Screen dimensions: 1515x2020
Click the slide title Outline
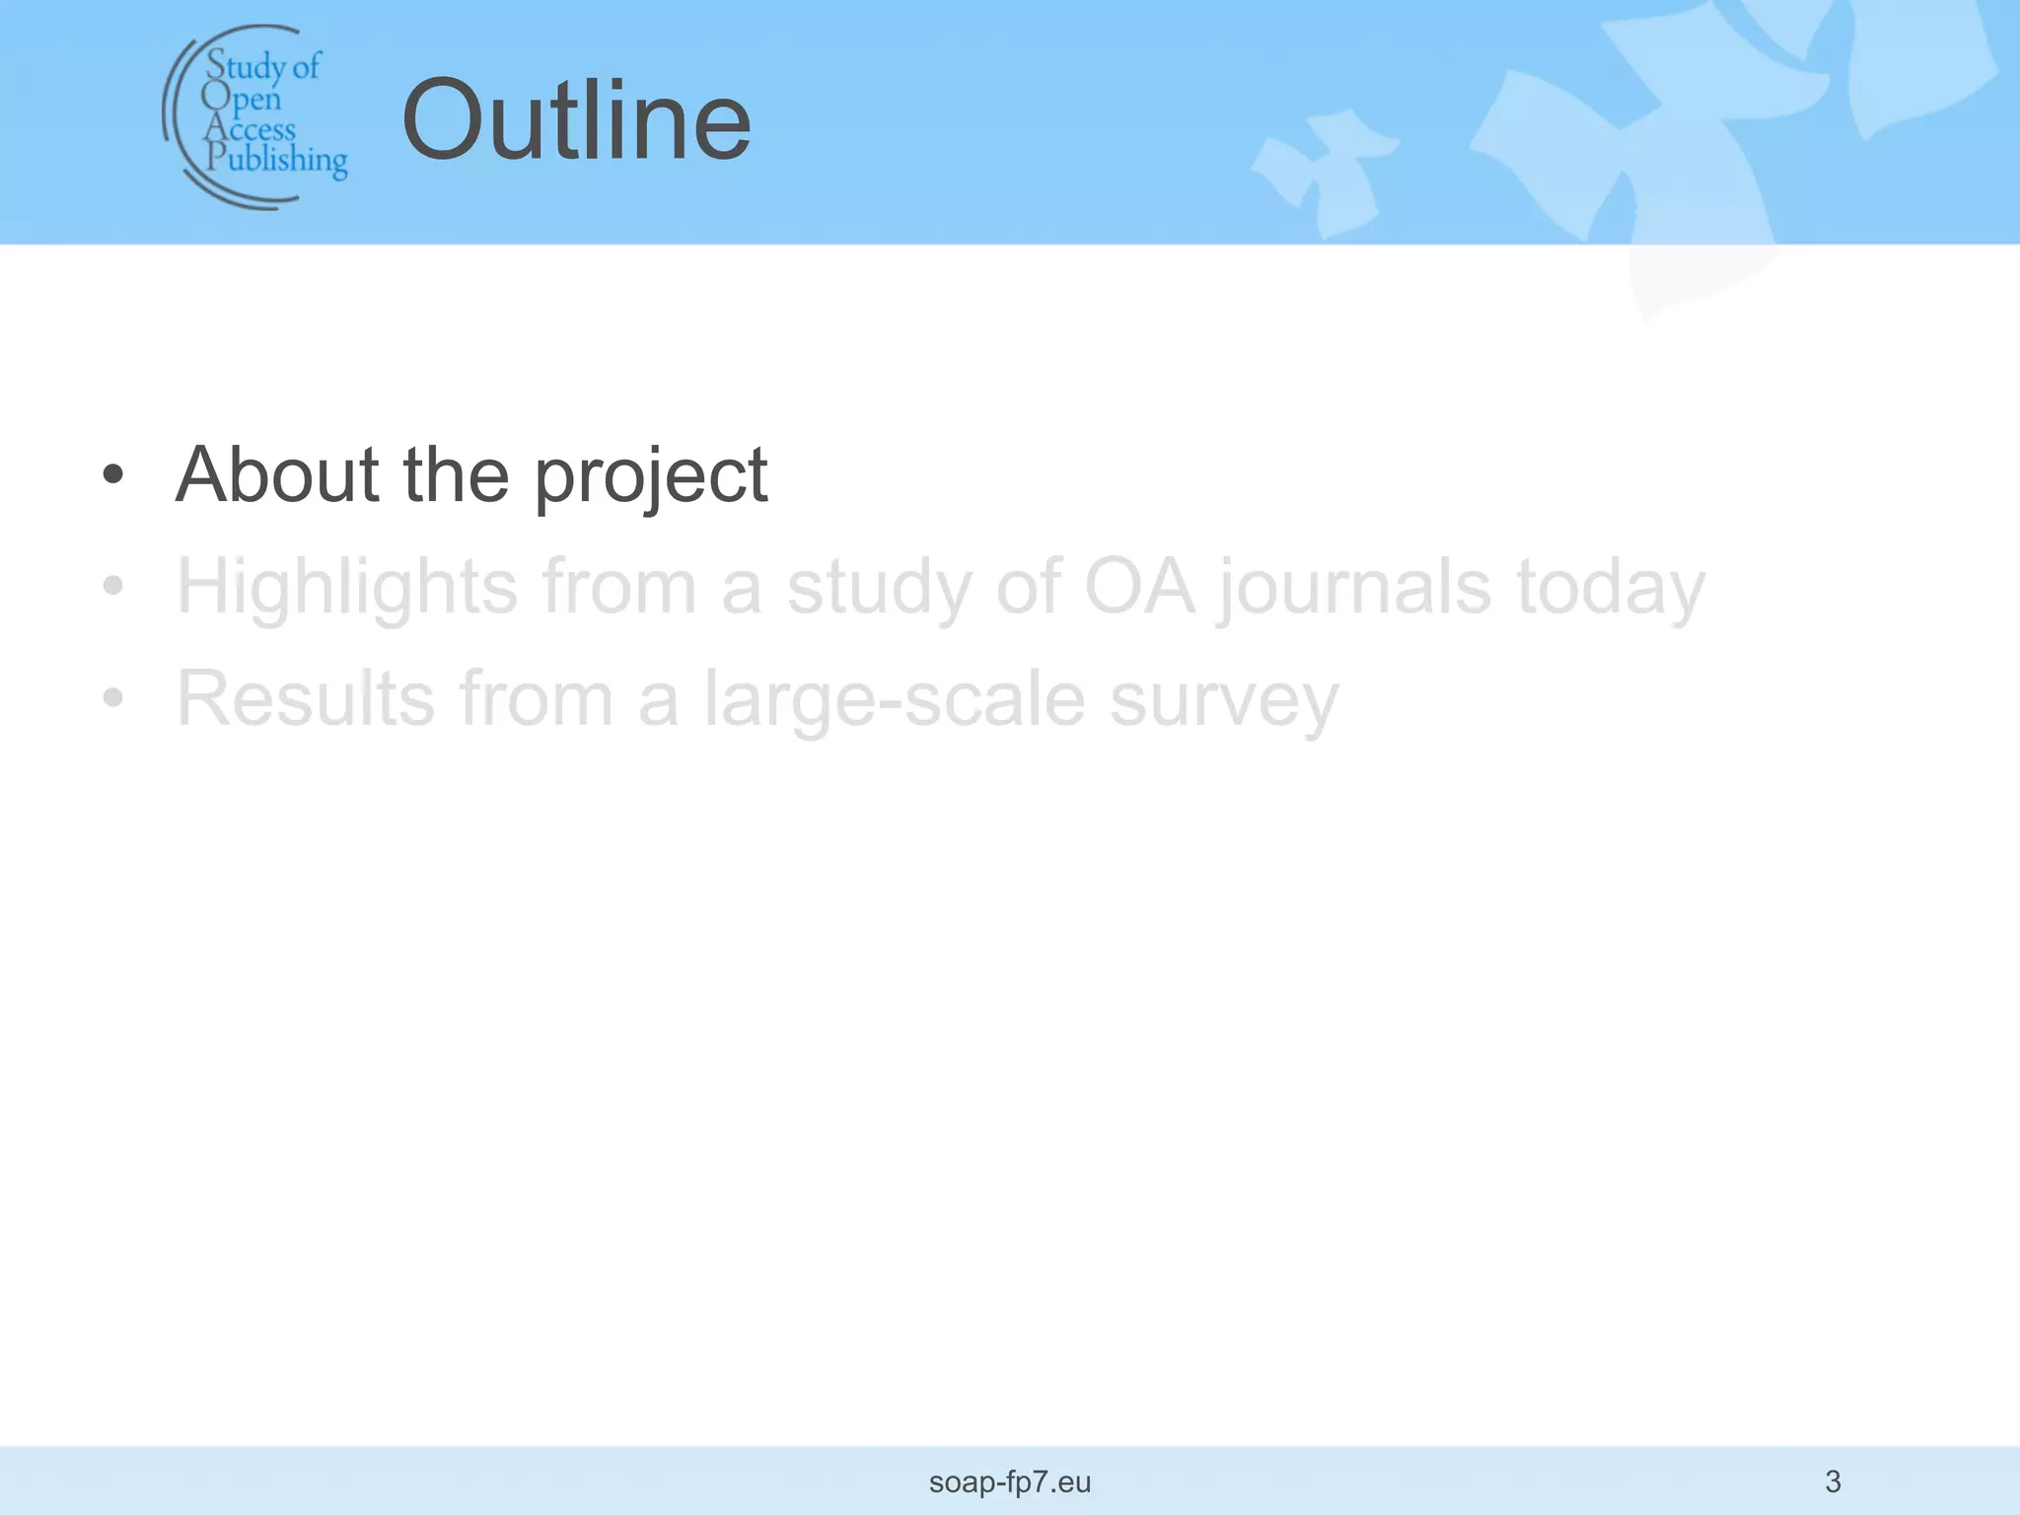point(576,121)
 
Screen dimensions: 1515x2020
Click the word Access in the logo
point(250,129)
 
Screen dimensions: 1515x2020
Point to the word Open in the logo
point(242,98)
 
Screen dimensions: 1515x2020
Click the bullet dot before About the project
point(113,475)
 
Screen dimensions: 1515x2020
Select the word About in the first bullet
point(277,474)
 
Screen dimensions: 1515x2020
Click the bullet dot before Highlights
point(113,587)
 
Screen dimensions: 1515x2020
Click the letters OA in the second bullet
point(1139,587)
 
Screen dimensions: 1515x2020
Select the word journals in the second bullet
point(1354,589)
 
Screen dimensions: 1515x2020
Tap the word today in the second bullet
point(1611,589)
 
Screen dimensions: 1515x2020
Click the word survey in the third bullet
point(1224,701)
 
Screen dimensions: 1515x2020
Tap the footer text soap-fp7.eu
point(1010,1482)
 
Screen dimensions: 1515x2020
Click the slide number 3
point(1833,1481)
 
